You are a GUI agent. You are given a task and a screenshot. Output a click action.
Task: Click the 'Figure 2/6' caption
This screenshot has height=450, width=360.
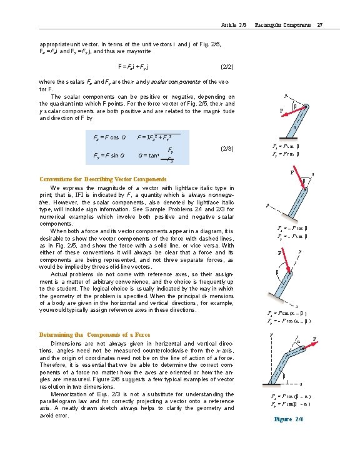click(288, 418)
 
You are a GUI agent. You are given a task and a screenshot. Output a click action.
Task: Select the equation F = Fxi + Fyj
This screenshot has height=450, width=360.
click(142, 66)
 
